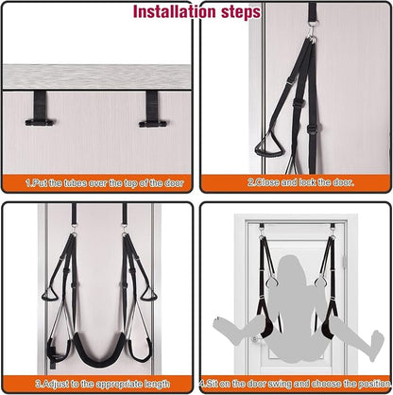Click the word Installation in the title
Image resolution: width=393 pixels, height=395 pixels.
175,12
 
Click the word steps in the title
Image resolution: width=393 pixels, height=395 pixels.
241,12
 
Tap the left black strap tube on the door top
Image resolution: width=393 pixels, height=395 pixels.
41,109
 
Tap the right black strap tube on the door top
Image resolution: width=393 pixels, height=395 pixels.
152,109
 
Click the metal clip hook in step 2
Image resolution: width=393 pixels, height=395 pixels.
312,30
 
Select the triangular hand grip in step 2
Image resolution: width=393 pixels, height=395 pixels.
269,146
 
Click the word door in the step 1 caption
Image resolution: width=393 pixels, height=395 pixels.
174,183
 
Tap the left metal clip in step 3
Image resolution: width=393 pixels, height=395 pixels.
74,229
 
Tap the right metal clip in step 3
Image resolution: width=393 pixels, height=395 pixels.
125,229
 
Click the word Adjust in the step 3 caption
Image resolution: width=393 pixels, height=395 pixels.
56,384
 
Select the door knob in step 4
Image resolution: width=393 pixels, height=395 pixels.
255,339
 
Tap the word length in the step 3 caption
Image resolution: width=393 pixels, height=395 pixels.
157,385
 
